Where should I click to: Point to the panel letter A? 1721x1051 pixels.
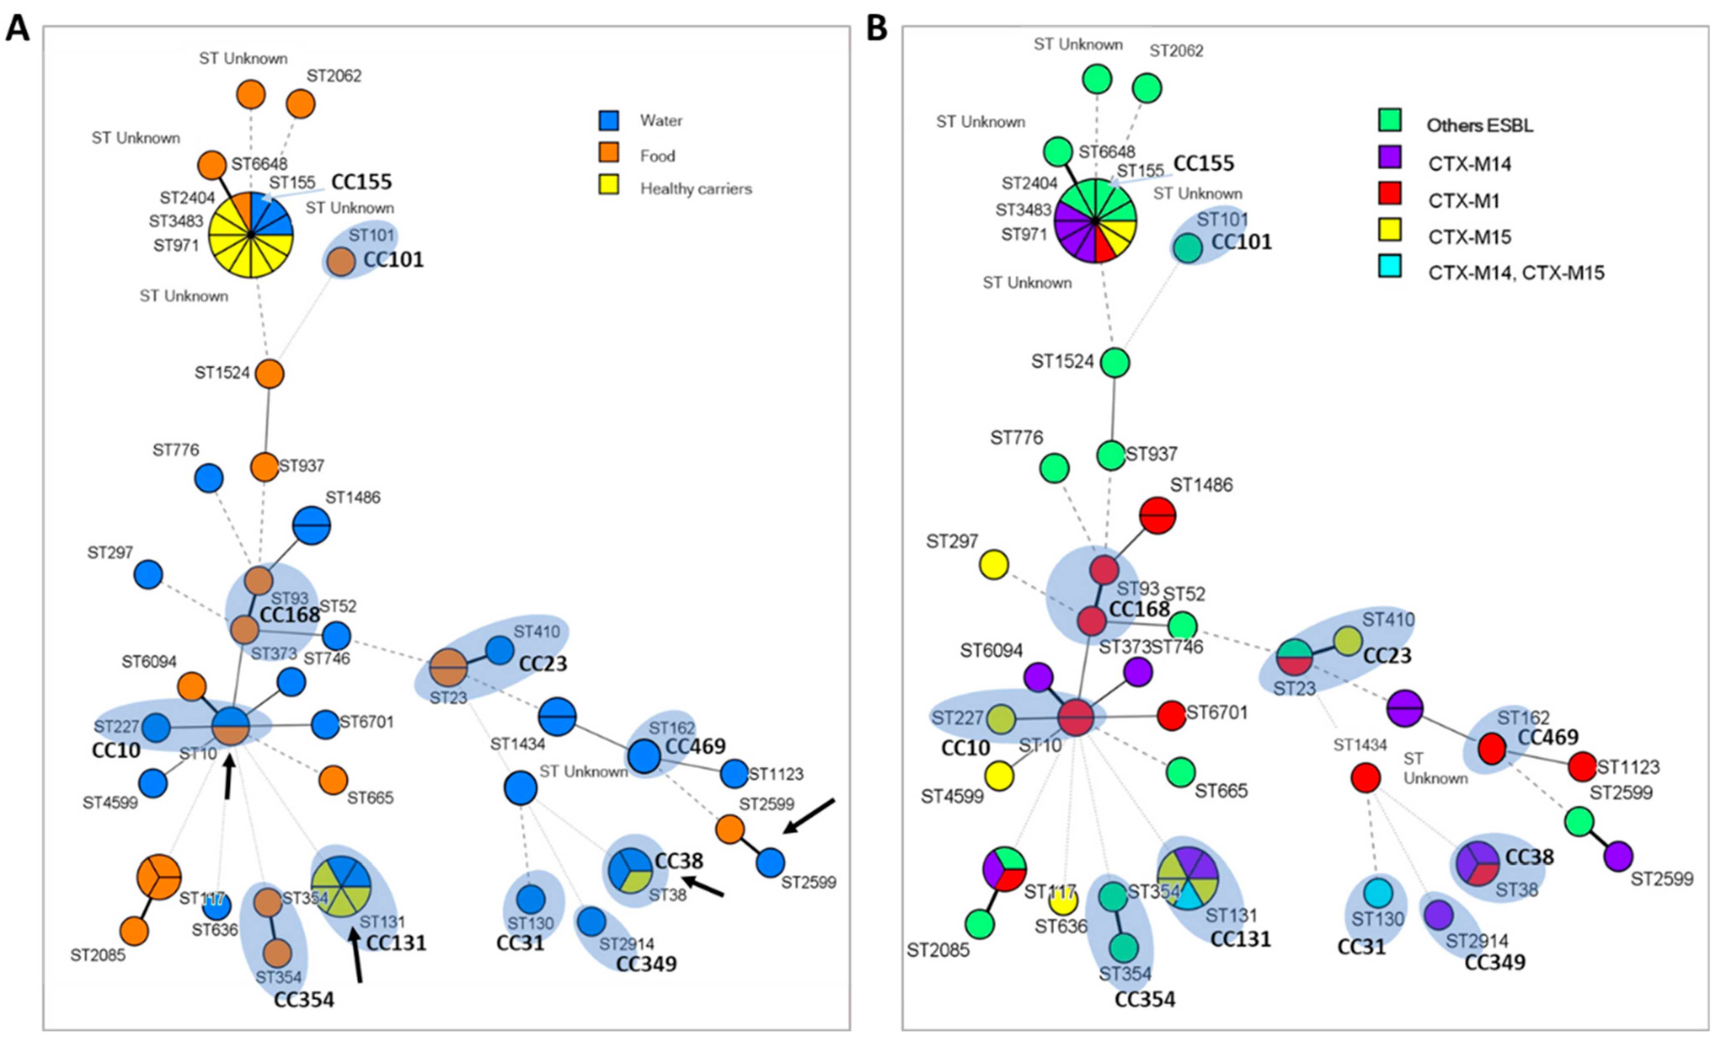tap(18, 29)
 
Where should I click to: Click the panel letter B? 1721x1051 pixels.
tap(877, 29)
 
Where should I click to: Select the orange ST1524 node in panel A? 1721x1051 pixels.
tap(269, 374)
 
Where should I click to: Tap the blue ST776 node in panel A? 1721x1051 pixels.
tap(209, 479)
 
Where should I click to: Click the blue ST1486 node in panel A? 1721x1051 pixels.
tap(311, 525)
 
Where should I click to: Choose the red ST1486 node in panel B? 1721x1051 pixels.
tap(1157, 515)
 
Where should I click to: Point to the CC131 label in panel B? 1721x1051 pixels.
tap(1240, 939)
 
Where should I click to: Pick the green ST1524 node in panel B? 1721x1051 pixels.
tap(1115, 362)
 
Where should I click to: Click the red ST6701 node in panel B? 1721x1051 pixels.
tap(1171, 715)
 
